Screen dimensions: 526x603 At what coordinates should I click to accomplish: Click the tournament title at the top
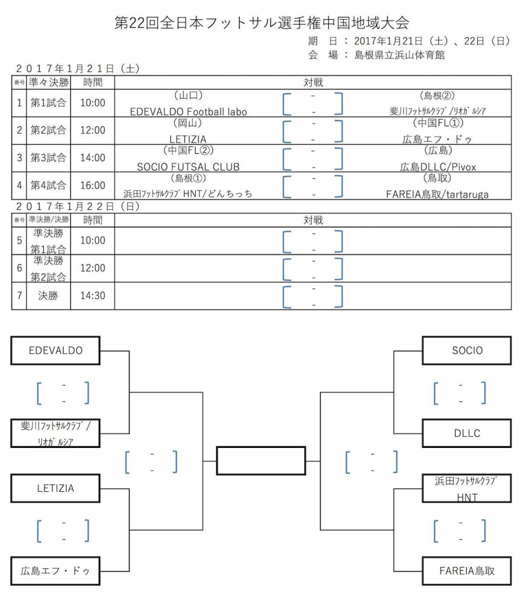pos(262,22)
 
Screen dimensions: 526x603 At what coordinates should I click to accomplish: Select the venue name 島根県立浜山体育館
pos(399,55)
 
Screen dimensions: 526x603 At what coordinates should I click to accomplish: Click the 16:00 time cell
pos(93,185)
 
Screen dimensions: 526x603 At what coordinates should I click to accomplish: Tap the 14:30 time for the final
pos(93,295)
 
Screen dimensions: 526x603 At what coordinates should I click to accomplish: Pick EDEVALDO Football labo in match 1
pos(188,111)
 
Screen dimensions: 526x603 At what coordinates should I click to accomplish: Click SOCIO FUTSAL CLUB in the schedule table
pos(188,167)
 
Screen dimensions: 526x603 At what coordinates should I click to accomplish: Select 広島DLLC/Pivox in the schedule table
pos(438,167)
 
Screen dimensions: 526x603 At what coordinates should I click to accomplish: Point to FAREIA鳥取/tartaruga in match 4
pos(437,194)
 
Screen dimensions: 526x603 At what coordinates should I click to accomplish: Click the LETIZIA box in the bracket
pos(55,488)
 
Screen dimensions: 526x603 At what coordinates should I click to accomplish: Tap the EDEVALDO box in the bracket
pos(55,350)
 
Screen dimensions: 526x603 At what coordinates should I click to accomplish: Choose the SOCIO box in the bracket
pos(467,350)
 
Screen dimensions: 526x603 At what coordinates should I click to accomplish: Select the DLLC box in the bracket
pos(467,433)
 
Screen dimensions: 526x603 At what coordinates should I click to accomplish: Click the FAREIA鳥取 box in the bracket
pos(467,571)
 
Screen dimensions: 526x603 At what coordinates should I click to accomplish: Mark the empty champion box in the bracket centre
pos(261,460)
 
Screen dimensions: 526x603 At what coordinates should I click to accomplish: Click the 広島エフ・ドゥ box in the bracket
pos(55,571)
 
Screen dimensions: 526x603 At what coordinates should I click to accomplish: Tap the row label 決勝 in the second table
pos(48,295)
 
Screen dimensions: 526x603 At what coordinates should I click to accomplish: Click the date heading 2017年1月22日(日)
pos(78,207)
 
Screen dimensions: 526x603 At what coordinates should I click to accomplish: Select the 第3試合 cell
pos(48,158)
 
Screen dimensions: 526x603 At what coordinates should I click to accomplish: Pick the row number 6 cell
pos(19,268)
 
